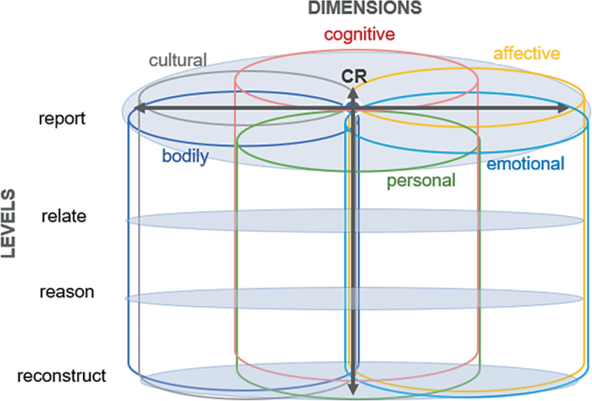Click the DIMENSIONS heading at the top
coord(365,8)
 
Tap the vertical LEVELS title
coord(9,224)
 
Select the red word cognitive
coord(360,35)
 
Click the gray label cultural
coord(178,60)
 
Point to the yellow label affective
coord(526,54)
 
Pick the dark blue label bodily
coord(185,156)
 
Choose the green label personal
coord(421,181)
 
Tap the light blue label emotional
coord(525,164)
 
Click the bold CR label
coord(354,76)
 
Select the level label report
coord(62,118)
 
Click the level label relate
coord(64,216)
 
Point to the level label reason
coord(67,292)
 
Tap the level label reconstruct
coord(61,376)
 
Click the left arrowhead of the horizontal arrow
coord(140,109)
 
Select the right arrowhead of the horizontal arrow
coord(563,108)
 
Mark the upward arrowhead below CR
coord(353,92)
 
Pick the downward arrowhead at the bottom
coord(353,389)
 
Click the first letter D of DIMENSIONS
coord(314,8)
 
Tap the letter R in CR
coord(361,76)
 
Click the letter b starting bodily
coord(166,156)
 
